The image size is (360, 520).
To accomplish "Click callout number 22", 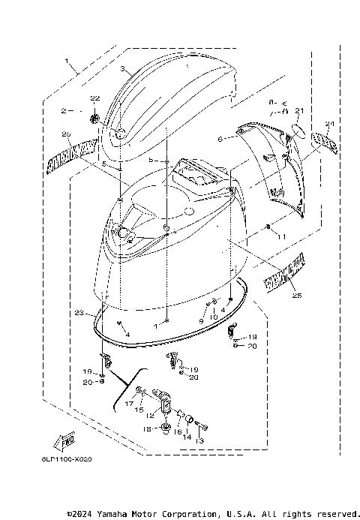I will coord(94,98).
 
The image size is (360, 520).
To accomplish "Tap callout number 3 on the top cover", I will coord(121,68).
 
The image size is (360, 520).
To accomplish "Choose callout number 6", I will coord(220,139).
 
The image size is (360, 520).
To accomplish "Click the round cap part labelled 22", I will coord(95,117).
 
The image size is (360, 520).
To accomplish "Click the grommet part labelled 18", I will coord(157,428).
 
